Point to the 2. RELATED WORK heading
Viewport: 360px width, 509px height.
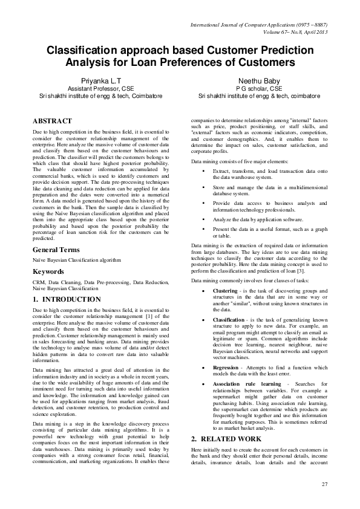point(226,438)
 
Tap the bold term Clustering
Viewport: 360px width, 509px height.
point(225,290)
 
